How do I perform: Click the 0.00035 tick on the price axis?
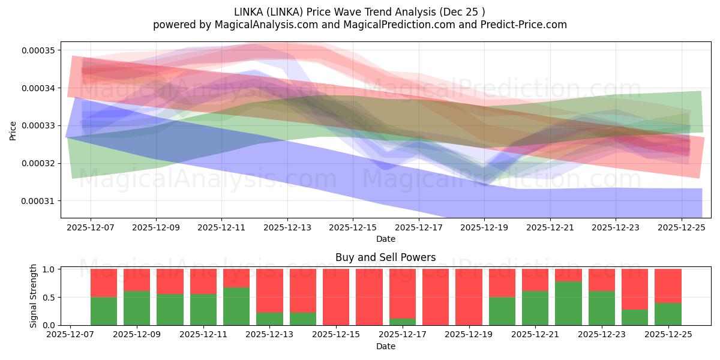tap(38, 50)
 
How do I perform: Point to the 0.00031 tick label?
tap(38, 201)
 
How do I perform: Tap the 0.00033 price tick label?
tap(38, 125)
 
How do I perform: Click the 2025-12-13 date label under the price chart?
tap(287, 228)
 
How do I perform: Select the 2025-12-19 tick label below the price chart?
tap(484, 228)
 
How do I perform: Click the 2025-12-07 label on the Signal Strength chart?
tap(71, 335)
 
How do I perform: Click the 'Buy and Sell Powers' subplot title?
tap(385, 257)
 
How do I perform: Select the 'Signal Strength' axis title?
tap(34, 296)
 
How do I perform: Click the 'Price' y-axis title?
tap(13, 130)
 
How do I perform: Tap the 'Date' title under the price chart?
tap(385, 239)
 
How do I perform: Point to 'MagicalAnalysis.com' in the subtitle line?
tap(253, 25)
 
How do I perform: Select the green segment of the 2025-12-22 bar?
tap(568, 303)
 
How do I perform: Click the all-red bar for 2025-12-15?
tap(336, 297)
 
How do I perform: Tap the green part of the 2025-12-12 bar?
tap(236, 306)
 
